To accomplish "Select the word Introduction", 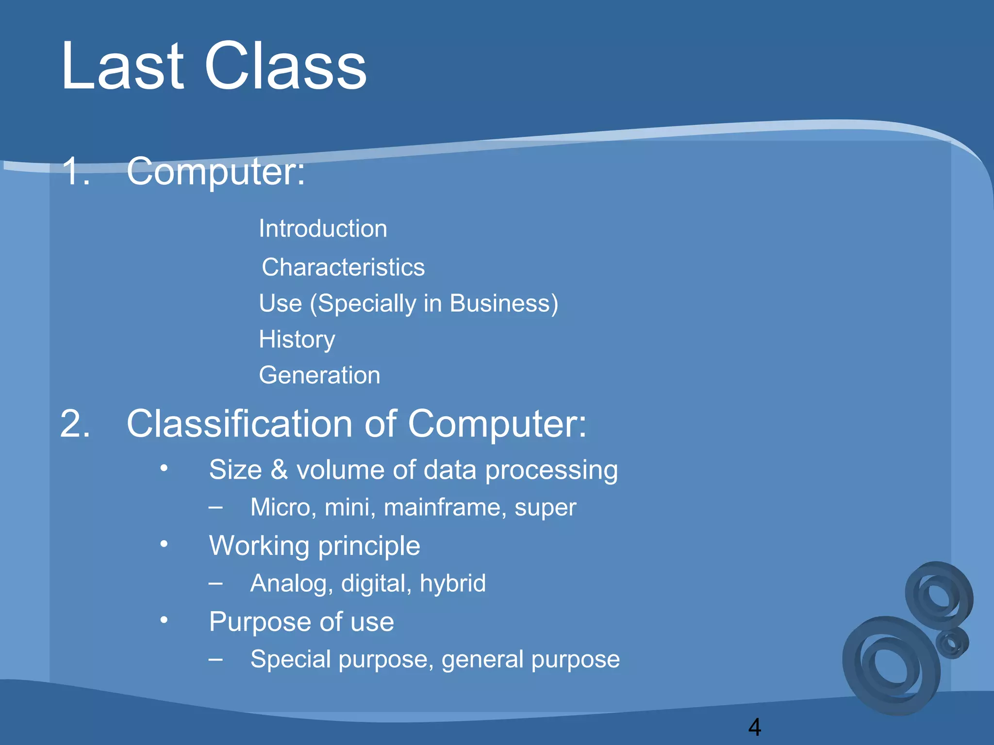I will (323, 228).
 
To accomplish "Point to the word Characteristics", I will (343, 267).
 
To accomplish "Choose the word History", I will (297, 339).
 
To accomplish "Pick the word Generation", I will (319, 375).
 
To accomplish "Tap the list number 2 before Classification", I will (75, 424).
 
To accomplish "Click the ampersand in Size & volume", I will (279, 470).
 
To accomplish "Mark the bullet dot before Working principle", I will (164, 544).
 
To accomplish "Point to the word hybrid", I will (452, 583).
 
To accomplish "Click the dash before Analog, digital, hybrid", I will (215, 583).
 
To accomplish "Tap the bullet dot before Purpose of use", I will (164, 620).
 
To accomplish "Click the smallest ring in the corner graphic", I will (952, 643).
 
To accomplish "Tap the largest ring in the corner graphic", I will (891, 667).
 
